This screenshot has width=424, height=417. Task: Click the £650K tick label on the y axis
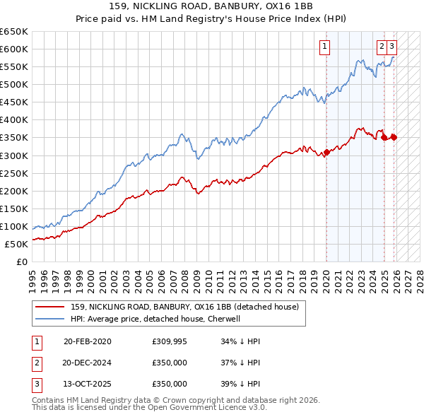coord(14,32)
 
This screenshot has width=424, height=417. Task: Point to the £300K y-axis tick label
coord(14,155)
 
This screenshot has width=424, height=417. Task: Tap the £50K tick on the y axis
coord(16,244)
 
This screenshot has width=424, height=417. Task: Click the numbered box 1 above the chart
coord(324,47)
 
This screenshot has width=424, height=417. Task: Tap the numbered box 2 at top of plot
coord(382,47)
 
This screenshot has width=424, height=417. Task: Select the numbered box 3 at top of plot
coord(391,47)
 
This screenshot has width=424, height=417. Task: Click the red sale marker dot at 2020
coord(326,152)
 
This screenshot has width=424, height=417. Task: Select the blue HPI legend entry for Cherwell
coord(155,319)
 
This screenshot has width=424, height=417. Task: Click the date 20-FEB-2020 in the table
coord(87,341)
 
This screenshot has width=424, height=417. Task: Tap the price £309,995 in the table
coord(170,341)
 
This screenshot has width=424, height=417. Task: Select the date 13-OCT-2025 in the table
coord(87,384)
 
